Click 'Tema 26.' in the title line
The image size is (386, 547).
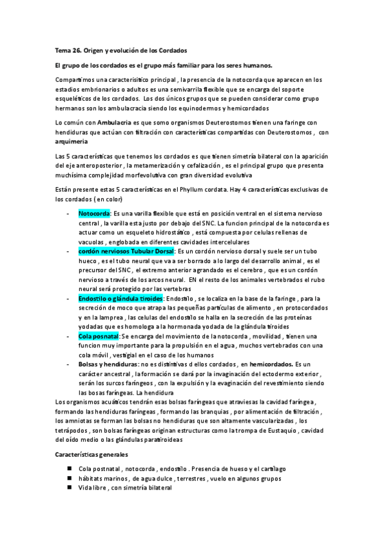click(66, 51)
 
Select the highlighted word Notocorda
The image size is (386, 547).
click(94, 213)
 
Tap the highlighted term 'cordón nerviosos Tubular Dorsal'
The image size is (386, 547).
click(126, 250)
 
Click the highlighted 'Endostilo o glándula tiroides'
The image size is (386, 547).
click(120, 299)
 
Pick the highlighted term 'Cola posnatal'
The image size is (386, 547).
click(99, 336)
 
